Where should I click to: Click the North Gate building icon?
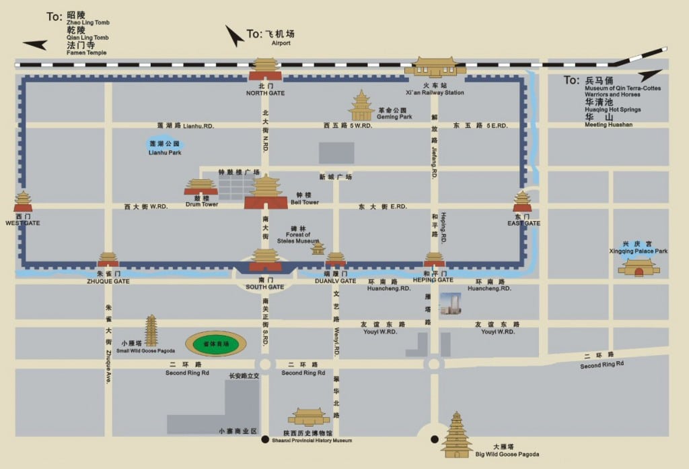point(266,70)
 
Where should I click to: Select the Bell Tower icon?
point(266,192)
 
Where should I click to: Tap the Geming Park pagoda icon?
point(361,106)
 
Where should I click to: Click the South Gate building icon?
point(266,260)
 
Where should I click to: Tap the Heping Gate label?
point(433,280)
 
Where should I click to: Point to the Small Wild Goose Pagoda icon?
point(151,331)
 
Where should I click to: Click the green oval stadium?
point(216,344)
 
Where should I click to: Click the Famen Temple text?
point(87,53)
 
